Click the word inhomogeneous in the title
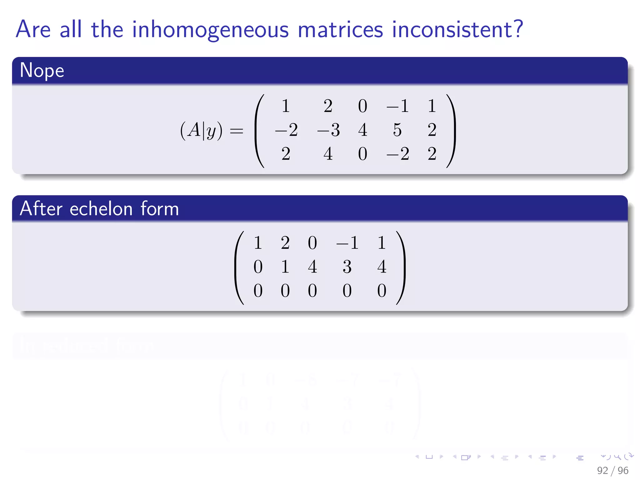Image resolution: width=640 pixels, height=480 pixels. click(210, 30)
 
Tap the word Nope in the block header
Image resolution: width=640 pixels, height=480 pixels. click(42, 70)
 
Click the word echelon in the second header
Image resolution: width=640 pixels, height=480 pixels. click(101, 209)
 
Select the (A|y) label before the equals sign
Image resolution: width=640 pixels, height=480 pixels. click(201, 130)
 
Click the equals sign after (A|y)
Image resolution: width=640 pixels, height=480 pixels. click(236, 131)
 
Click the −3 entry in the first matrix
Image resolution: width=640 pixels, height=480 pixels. click(328, 130)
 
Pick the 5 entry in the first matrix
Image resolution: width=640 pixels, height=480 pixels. click(397, 130)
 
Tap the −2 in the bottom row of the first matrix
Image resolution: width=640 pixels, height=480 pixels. click(397, 154)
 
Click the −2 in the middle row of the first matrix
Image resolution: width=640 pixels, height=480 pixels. click(286, 130)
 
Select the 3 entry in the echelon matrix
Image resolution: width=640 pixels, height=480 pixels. click(347, 267)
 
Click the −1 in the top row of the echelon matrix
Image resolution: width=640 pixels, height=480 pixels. click(347, 243)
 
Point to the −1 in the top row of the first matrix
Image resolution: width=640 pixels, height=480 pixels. click(397, 106)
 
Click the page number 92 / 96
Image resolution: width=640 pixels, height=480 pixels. click(612, 470)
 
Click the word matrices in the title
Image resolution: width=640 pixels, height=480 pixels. click(340, 30)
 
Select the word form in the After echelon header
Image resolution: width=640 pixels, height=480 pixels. click(159, 209)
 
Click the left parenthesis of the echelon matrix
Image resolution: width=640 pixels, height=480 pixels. click(240, 267)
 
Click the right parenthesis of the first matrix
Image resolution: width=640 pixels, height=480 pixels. click(451, 131)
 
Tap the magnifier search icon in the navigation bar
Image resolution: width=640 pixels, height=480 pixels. click(617, 457)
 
